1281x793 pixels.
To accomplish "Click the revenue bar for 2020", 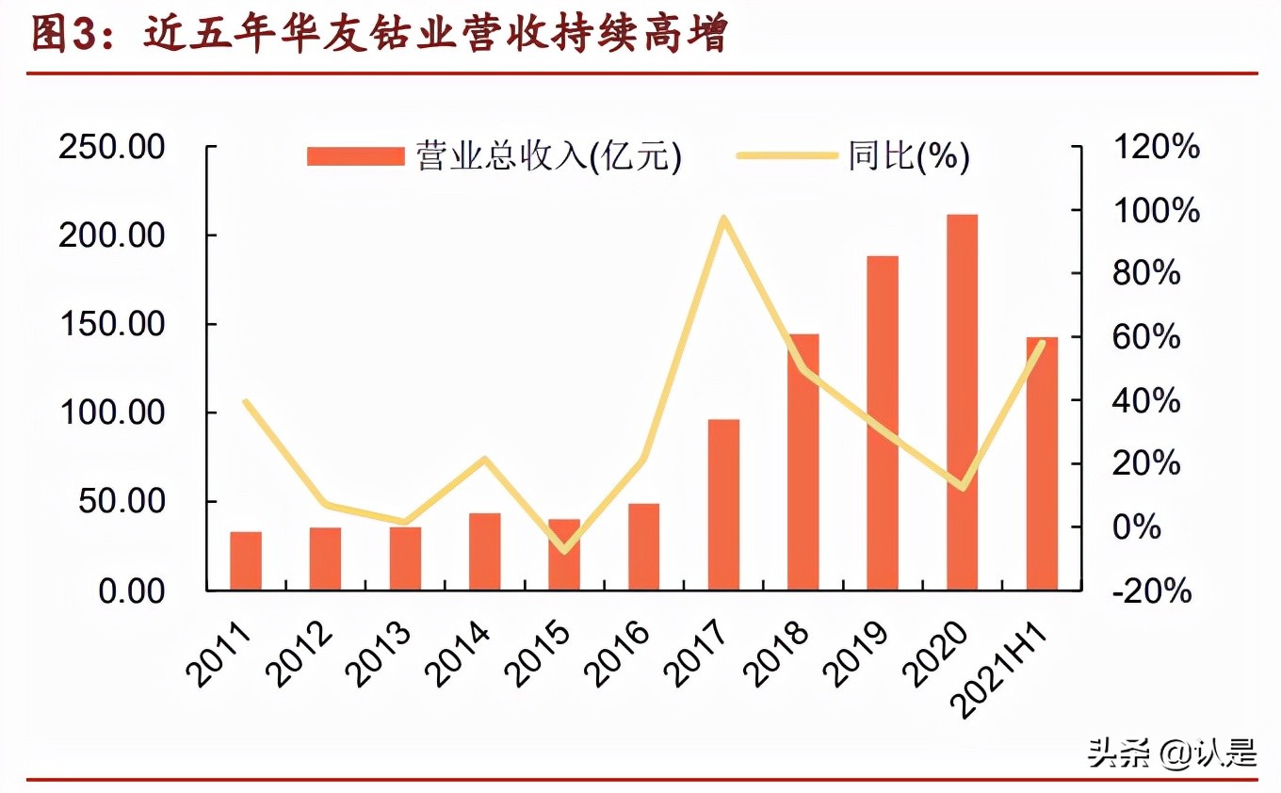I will (963, 402).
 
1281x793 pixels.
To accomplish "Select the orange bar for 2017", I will (723, 505).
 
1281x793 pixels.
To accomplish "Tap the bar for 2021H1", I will (1042, 463).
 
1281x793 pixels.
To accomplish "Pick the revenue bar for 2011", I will (246, 561).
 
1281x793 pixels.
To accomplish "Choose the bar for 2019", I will (883, 423).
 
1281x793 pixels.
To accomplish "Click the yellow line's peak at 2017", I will (723, 218).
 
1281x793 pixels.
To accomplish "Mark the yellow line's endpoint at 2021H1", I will (1042, 343).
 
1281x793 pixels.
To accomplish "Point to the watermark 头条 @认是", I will (1172, 753).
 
